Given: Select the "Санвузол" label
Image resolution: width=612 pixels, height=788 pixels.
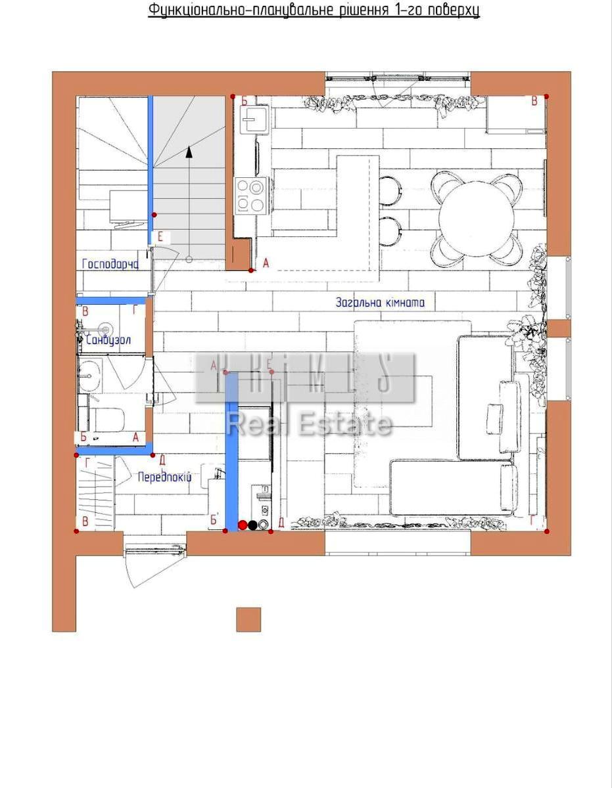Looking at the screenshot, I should (x=108, y=340).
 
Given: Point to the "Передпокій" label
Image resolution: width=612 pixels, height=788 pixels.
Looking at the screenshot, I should (x=164, y=477).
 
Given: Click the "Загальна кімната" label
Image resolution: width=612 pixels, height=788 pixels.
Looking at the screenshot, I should (x=380, y=303).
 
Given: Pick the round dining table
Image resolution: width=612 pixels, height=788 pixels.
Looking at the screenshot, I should (x=477, y=214).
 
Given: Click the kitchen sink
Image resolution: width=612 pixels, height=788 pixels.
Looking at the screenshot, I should (x=256, y=119).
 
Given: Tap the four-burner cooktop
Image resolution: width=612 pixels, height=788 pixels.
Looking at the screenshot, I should (x=252, y=195).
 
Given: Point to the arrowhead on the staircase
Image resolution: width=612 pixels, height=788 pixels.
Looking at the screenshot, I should (x=189, y=152).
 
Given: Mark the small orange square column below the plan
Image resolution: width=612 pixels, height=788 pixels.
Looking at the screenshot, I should (x=248, y=619).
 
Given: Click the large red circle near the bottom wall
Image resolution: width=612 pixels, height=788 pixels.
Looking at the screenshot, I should (x=243, y=525).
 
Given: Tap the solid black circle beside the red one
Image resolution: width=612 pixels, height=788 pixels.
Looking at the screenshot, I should (x=253, y=525).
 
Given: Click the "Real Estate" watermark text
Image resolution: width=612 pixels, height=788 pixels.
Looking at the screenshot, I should (x=309, y=424).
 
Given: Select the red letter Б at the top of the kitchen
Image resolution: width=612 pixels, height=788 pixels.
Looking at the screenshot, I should (x=244, y=101).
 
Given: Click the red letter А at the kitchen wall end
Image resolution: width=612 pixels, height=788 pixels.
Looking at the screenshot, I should (x=266, y=263).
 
